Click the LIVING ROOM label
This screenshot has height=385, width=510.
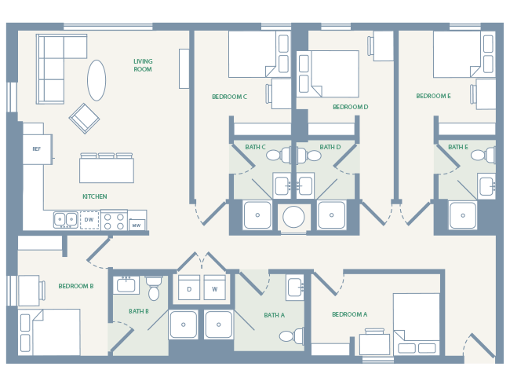[x=143, y=65]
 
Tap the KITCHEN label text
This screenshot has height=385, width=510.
[x=95, y=196]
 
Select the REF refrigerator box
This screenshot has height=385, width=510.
[x=36, y=148]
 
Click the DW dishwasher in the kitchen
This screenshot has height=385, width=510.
[x=89, y=220]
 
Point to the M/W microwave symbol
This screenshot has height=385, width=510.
[x=137, y=225]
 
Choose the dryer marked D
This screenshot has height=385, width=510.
[x=189, y=288]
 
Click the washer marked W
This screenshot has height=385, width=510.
[x=214, y=288]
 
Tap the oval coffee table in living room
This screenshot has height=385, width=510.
[x=97, y=80]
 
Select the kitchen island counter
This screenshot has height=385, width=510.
[x=106, y=170]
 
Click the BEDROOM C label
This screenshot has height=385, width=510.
[x=229, y=97]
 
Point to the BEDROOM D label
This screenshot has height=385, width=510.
[x=350, y=107]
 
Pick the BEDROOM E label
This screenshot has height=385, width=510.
[x=433, y=96]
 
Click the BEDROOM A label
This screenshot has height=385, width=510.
[x=349, y=314]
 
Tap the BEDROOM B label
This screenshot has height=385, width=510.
[x=76, y=286]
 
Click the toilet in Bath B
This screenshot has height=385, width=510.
[x=154, y=289]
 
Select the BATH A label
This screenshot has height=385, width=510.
[x=274, y=315]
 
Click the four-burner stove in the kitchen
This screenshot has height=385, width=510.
[x=114, y=222]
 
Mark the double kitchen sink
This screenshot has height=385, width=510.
[x=66, y=220]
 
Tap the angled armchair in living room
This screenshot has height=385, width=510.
[x=85, y=118]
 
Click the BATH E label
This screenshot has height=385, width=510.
[x=457, y=147]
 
